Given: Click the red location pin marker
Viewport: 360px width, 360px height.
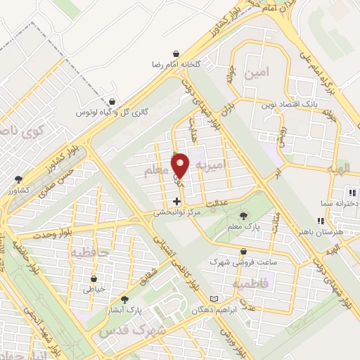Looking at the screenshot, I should (x=181, y=166).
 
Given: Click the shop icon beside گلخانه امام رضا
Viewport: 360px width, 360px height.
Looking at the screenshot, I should (x=175, y=53).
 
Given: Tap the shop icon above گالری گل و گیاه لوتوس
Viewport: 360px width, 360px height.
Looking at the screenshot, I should (x=112, y=101).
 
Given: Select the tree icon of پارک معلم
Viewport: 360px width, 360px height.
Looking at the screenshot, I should (x=244, y=215).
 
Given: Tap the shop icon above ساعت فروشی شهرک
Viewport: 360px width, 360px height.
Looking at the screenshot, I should (x=243, y=251).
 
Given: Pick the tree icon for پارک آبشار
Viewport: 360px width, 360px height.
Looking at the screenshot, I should (x=125, y=298).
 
